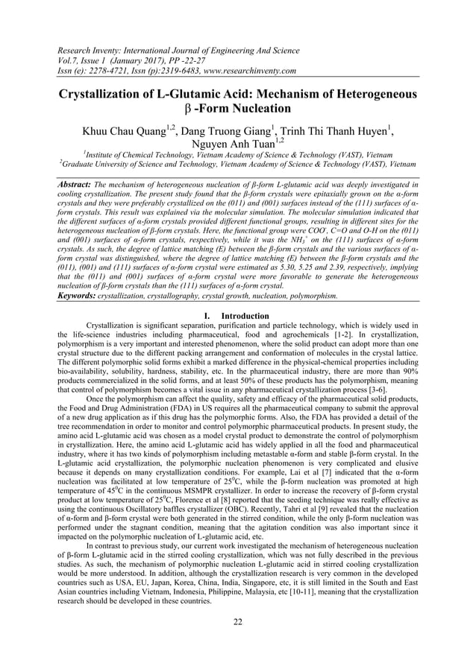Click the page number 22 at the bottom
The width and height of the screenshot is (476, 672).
click(237, 623)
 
